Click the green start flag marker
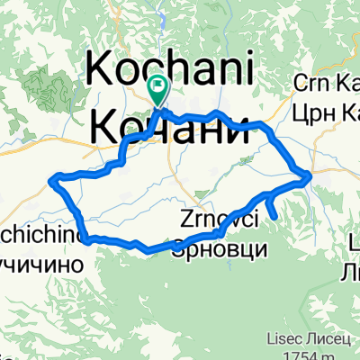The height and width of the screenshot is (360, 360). click(158, 88)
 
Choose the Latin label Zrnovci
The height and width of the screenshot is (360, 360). click(220, 219)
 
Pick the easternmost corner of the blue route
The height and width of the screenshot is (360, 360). click(310, 175)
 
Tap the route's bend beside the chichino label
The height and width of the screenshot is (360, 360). click(86, 239)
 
